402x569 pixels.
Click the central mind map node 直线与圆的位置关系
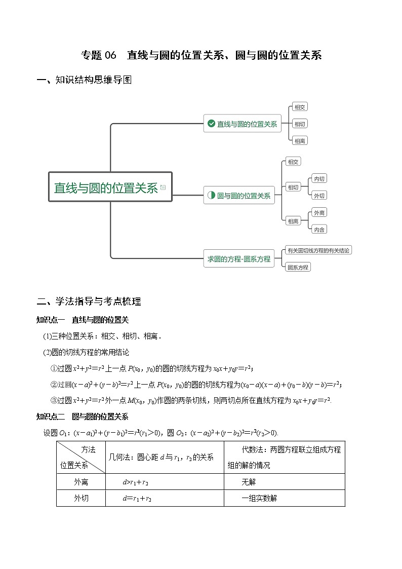(106, 187)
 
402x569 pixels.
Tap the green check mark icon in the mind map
(211, 123)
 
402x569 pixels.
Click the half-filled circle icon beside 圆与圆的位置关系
(211, 195)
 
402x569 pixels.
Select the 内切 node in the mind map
(319, 178)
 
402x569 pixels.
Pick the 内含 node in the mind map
(319, 230)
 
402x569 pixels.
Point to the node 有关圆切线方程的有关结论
(318, 250)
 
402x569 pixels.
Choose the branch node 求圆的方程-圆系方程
(238, 258)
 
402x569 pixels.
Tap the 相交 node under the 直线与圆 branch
(300, 107)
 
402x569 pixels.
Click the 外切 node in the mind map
(319, 196)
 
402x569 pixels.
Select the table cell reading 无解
(249, 482)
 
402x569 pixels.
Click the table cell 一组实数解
(259, 498)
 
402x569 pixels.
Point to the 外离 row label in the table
(81, 482)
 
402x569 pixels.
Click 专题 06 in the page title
(99, 55)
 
